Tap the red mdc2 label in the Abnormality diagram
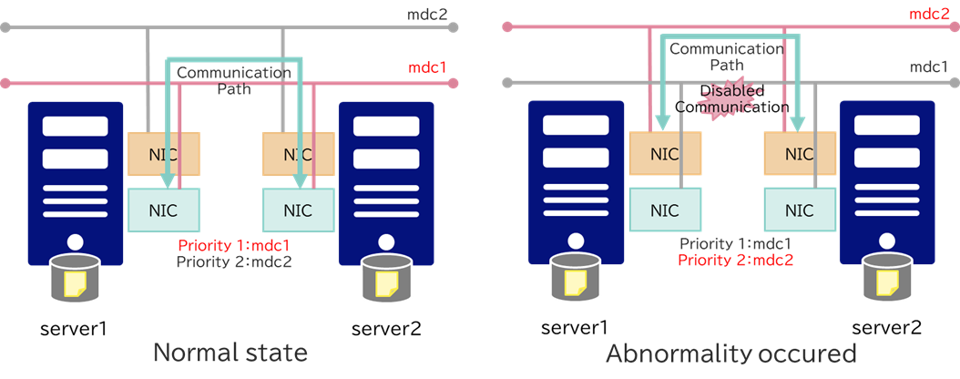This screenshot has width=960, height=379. (x=929, y=14)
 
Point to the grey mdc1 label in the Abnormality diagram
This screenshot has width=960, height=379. (x=929, y=67)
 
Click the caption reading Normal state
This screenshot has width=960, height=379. (x=230, y=353)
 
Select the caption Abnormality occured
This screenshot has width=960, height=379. (x=731, y=353)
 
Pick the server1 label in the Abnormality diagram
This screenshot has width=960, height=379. (x=575, y=326)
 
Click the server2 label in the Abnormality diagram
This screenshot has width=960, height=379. (x=887, y=326)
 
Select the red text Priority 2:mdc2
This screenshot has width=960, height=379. (x=736, y=260)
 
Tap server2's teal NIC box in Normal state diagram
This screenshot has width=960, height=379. (x=297, y=210)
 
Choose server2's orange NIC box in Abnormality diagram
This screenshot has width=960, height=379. (x=799, y=154)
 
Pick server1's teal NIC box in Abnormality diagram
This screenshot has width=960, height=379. (x=665, y=210)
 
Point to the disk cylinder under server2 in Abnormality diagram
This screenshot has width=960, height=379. (x=887, y=277)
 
